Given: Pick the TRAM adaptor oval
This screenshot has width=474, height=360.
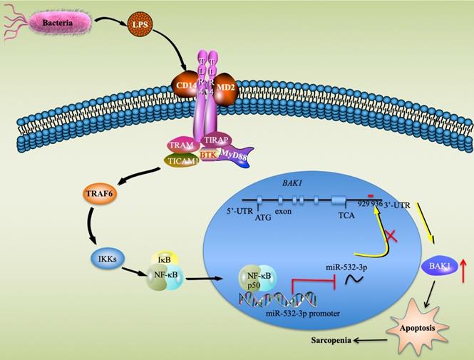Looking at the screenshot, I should pos(183,145).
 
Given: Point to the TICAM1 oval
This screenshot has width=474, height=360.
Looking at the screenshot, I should pos(183,161).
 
